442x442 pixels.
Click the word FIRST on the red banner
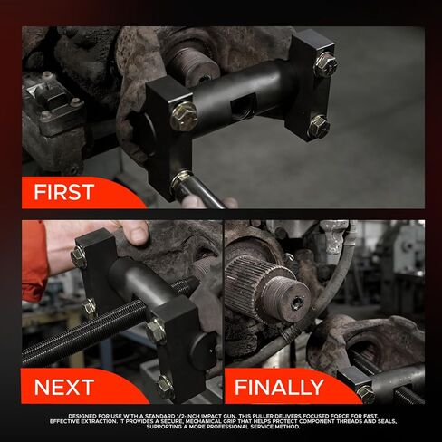(x=63, y=192)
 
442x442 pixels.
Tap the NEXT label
(x=63, y=388)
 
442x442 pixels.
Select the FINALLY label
(x=279, y=388)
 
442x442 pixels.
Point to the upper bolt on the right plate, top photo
(x=324, y=64)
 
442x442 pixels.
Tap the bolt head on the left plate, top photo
(x=184, y=115)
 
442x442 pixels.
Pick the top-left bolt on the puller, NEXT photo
(x=79, y=258)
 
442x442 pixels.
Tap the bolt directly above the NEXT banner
(x=164, y=385)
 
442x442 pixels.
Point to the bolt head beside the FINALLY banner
(x=366, y=393)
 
